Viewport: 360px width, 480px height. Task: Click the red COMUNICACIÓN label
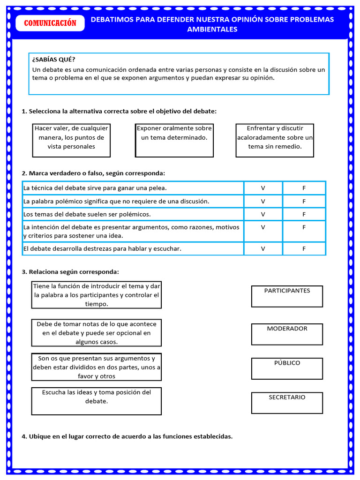[50, 23]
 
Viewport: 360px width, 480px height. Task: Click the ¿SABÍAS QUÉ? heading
[53, 59]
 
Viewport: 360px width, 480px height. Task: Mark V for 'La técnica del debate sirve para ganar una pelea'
[263, 188]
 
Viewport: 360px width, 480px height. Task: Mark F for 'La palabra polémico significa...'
[304, 201]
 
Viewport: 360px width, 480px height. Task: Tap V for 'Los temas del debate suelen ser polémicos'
[263, 214]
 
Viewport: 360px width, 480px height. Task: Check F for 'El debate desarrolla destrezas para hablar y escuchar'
[304, 248]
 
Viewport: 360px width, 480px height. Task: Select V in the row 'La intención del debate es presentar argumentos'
[263, 227]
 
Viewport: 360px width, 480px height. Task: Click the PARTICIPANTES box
[287, 296]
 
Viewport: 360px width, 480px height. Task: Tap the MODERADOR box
[287, 334]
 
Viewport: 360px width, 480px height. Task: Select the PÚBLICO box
[287, 368]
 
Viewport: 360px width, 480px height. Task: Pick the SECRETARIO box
[287, 403]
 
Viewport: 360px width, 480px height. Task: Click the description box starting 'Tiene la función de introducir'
[97, 295]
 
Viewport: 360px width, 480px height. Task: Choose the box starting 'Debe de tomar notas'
[97, 333]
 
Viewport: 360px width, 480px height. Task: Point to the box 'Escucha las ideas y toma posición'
[97, 401]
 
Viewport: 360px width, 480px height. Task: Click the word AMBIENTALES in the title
[212, 29]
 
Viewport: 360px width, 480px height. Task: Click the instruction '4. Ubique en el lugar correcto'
[127, 436]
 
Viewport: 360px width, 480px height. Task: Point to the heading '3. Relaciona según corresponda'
[70, 272]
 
